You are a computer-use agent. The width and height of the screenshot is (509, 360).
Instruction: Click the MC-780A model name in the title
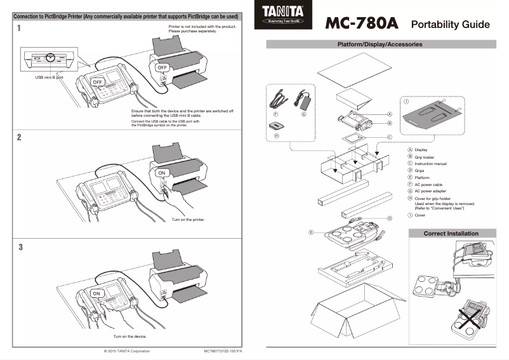click(361, 23)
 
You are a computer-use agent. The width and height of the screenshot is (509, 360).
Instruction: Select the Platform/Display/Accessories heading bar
click(380, 44)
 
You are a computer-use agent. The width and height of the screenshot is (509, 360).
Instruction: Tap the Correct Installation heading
click(451, 234)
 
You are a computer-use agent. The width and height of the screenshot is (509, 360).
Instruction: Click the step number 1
click(19, 28)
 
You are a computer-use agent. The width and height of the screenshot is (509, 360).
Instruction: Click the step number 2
click(19, 137)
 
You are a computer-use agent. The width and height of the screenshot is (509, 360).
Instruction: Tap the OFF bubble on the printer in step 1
click(162, 67)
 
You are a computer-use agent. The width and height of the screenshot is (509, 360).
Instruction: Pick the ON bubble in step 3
click(96, 294)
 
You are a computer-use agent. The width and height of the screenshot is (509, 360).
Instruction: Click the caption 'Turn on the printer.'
click(188, 220)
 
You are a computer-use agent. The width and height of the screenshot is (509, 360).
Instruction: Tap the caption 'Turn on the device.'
click(129, 336)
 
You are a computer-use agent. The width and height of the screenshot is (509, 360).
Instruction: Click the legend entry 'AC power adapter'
click(432, 191)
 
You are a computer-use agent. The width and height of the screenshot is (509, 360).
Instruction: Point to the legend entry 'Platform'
click(423, 178)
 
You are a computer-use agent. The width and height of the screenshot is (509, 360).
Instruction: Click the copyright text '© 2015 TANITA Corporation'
click(127, 350)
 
